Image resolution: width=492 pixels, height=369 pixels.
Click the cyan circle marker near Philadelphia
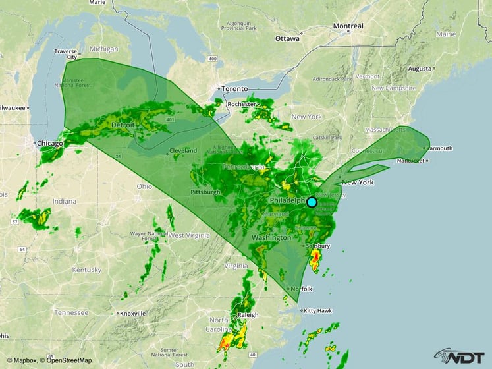(312, 202)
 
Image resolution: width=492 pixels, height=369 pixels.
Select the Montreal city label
(348, 26)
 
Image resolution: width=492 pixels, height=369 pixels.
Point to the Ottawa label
(287, 38)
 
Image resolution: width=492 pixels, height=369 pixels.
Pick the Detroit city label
(123, 125)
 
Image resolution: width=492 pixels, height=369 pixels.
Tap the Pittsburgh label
(204, 192)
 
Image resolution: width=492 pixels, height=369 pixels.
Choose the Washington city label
(271, 237)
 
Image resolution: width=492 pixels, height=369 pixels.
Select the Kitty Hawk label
(317, 310)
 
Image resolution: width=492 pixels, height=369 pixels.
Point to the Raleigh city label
(248, 315)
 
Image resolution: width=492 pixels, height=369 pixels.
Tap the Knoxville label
(134, 313)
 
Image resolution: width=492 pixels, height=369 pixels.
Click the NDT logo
(460, 355)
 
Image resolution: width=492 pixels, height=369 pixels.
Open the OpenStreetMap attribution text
(65, 360)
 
